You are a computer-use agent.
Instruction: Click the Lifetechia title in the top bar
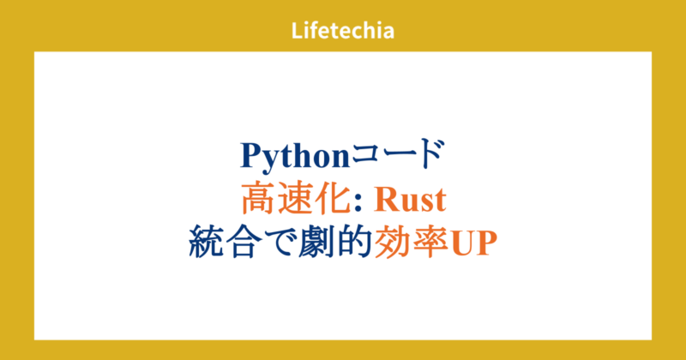(342, 32)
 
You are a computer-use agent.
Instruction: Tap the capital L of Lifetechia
(296, 32)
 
